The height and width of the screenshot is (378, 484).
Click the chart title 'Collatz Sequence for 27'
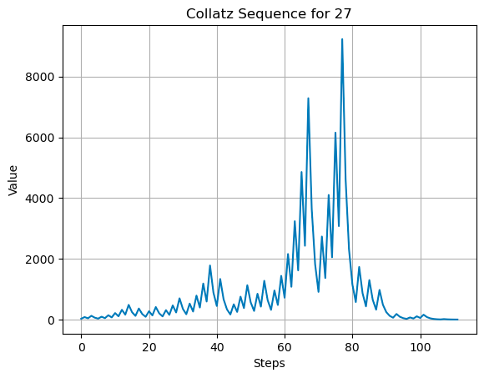[x=269, y=12]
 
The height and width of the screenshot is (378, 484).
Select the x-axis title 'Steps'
[x=269, y=364]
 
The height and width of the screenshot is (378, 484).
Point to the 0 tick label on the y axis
[x=52, y=320]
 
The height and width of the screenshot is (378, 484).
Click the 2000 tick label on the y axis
[x=41, y=260]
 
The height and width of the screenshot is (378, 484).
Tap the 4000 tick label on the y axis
[x=41, y=199]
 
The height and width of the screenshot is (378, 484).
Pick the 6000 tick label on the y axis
[x=41, y=138]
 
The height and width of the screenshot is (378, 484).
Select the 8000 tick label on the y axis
[x=41, y=77]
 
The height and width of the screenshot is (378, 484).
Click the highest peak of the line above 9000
[x=342, y=39]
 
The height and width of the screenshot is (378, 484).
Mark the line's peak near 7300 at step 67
[x=308, y=98]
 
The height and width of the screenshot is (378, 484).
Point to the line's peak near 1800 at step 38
[x=209, y=265]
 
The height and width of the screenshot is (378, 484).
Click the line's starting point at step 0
[x=81, y=319]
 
